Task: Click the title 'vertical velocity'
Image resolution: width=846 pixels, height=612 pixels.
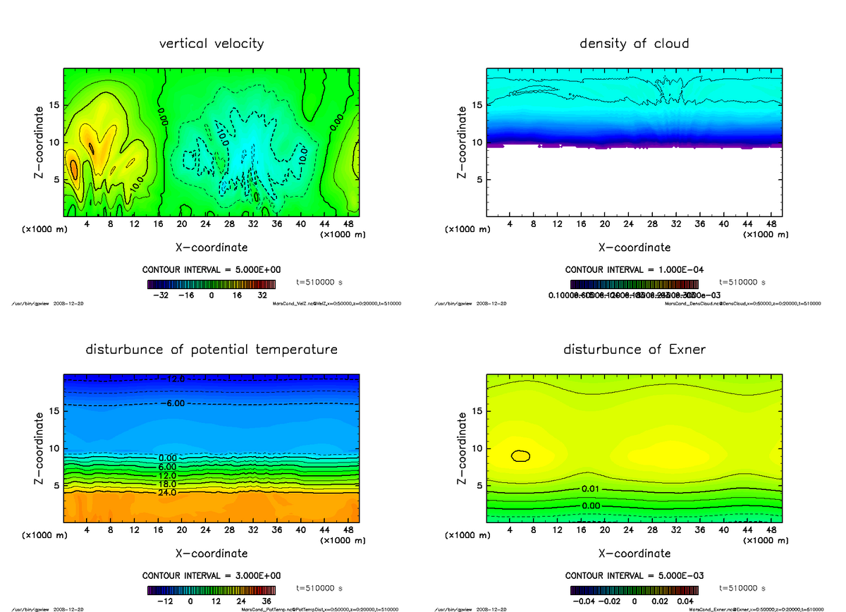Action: point(211,44)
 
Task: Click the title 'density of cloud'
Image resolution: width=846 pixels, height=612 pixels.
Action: point(634,44)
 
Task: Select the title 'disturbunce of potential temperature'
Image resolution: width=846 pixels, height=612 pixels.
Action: point(211,350)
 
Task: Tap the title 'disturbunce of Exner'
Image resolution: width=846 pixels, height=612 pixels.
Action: point(634,350)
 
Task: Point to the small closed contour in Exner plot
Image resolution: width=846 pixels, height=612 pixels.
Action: point(520,455)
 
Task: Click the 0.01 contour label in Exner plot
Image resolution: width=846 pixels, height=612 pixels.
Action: point(591,489)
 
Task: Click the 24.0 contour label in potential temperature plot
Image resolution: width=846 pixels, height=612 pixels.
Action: point(167,493)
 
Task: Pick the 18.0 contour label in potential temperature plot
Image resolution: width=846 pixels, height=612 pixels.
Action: point(167,484)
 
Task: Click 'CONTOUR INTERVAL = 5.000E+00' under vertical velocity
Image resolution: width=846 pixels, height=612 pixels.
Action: point(211,270)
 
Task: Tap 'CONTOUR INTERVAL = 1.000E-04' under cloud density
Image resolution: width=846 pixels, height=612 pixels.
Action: point(634,270)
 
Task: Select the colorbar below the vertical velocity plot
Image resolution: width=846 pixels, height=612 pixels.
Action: point(211,283)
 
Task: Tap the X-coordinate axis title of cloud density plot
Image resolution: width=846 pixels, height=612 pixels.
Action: point(634,247)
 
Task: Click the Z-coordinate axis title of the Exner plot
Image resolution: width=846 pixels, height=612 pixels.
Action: point(462,448)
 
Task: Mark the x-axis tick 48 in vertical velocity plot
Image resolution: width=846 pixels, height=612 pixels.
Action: point(348,224)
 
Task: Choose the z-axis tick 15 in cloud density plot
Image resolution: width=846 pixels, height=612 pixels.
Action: point(477,105)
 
